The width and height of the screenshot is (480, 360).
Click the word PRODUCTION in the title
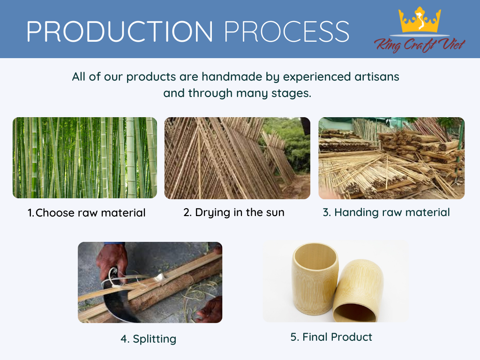point(120,31)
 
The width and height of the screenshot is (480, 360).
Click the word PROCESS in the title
point(287,31)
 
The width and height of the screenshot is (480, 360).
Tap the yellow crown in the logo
point(420,20)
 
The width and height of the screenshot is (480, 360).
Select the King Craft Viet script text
point(420,45)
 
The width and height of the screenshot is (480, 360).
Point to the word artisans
point(377,76)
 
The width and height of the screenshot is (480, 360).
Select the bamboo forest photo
point(85,157)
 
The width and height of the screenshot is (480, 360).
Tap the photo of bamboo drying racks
point(237,158)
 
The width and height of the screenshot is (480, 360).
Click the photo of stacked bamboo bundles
point(391,158)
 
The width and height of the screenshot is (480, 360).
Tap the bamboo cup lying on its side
point(358,291)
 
